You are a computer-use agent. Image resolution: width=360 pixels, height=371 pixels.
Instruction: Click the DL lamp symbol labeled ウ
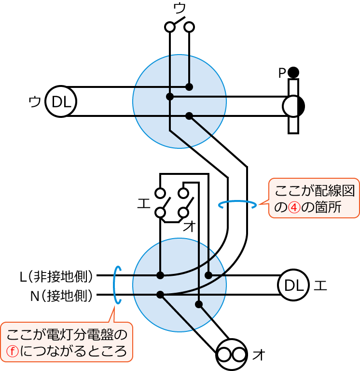tap(61, 101)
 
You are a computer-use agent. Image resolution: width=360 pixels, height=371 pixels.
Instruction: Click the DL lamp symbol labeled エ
tap(293, 285)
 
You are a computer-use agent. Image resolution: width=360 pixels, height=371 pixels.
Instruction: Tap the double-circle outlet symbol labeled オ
tap(232, 355)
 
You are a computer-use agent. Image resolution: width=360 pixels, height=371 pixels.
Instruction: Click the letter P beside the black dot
tap(282, 73)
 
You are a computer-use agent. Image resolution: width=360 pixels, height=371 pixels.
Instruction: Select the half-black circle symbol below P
tap(293, 106)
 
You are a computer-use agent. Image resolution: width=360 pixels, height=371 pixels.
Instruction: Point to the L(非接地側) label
tap(56, 276)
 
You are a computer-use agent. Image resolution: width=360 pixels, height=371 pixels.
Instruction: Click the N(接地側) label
tap(61, 296)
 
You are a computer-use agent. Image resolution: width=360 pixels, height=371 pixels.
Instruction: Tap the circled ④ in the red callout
tap(294, 207)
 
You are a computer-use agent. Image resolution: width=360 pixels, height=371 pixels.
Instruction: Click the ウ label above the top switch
tap(179, 8)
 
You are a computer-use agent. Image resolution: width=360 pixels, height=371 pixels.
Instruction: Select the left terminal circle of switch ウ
tap(170, 27)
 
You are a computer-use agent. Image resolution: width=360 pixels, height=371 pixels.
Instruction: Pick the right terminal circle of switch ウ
tap(189, 27)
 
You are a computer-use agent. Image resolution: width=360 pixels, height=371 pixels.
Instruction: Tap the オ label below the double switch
tap(189, 226)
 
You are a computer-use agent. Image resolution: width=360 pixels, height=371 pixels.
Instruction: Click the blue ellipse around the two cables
tap(237, 204)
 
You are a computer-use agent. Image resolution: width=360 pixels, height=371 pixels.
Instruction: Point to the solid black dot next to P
tap(293, 73)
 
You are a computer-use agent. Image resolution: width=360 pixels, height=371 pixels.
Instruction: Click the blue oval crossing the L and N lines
tap(117, 285)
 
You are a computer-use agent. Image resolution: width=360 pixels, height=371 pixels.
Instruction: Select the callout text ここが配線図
tap(314, 190)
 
